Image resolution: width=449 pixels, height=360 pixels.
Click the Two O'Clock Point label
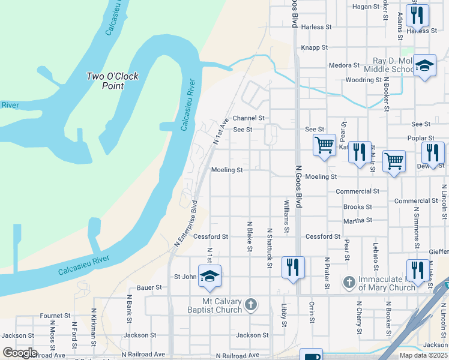coord(112,81)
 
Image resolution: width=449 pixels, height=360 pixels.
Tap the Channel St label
coord(249,119)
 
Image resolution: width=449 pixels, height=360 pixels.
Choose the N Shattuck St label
coord(269,244)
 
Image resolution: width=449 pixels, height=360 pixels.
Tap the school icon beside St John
coord(210,276)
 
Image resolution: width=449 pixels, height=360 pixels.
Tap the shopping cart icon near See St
coord(324,145)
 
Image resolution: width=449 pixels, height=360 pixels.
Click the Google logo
coord(20,353)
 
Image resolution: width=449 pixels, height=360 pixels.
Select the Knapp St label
coord(315,47)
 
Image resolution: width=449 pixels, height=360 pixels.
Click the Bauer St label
coord(150,288)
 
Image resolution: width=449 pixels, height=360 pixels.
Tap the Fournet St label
coord(55,316)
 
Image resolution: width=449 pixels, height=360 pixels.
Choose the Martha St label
coord(358,221)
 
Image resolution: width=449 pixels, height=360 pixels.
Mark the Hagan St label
coord(367,7)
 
